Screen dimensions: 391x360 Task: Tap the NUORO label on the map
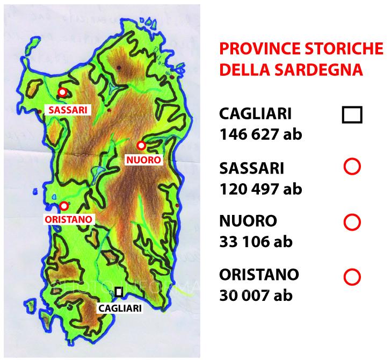pyautogui.click(x=143, y=160)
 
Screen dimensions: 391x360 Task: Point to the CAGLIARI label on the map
pyautogui.click(x=119, y=308)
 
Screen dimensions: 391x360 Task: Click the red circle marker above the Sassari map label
pyautogui.click(x=62, y=92)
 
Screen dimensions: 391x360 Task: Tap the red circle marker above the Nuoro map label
pyautogui.click(x=141, y=145)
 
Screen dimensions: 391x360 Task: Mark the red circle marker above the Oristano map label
pyautogui.click(x=64, y=205)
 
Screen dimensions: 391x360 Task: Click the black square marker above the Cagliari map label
pyautogui.click(x=119, y=292)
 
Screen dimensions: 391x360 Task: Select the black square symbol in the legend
pyautogui.click(x=352, y=115)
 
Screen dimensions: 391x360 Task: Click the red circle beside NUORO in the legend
pyautogui.click(x=352, y=221)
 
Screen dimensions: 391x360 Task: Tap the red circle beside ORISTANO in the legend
pyautogui.click(x=352, y=277)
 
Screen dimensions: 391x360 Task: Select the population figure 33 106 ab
pyautogui.click(x=256, y=242)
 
